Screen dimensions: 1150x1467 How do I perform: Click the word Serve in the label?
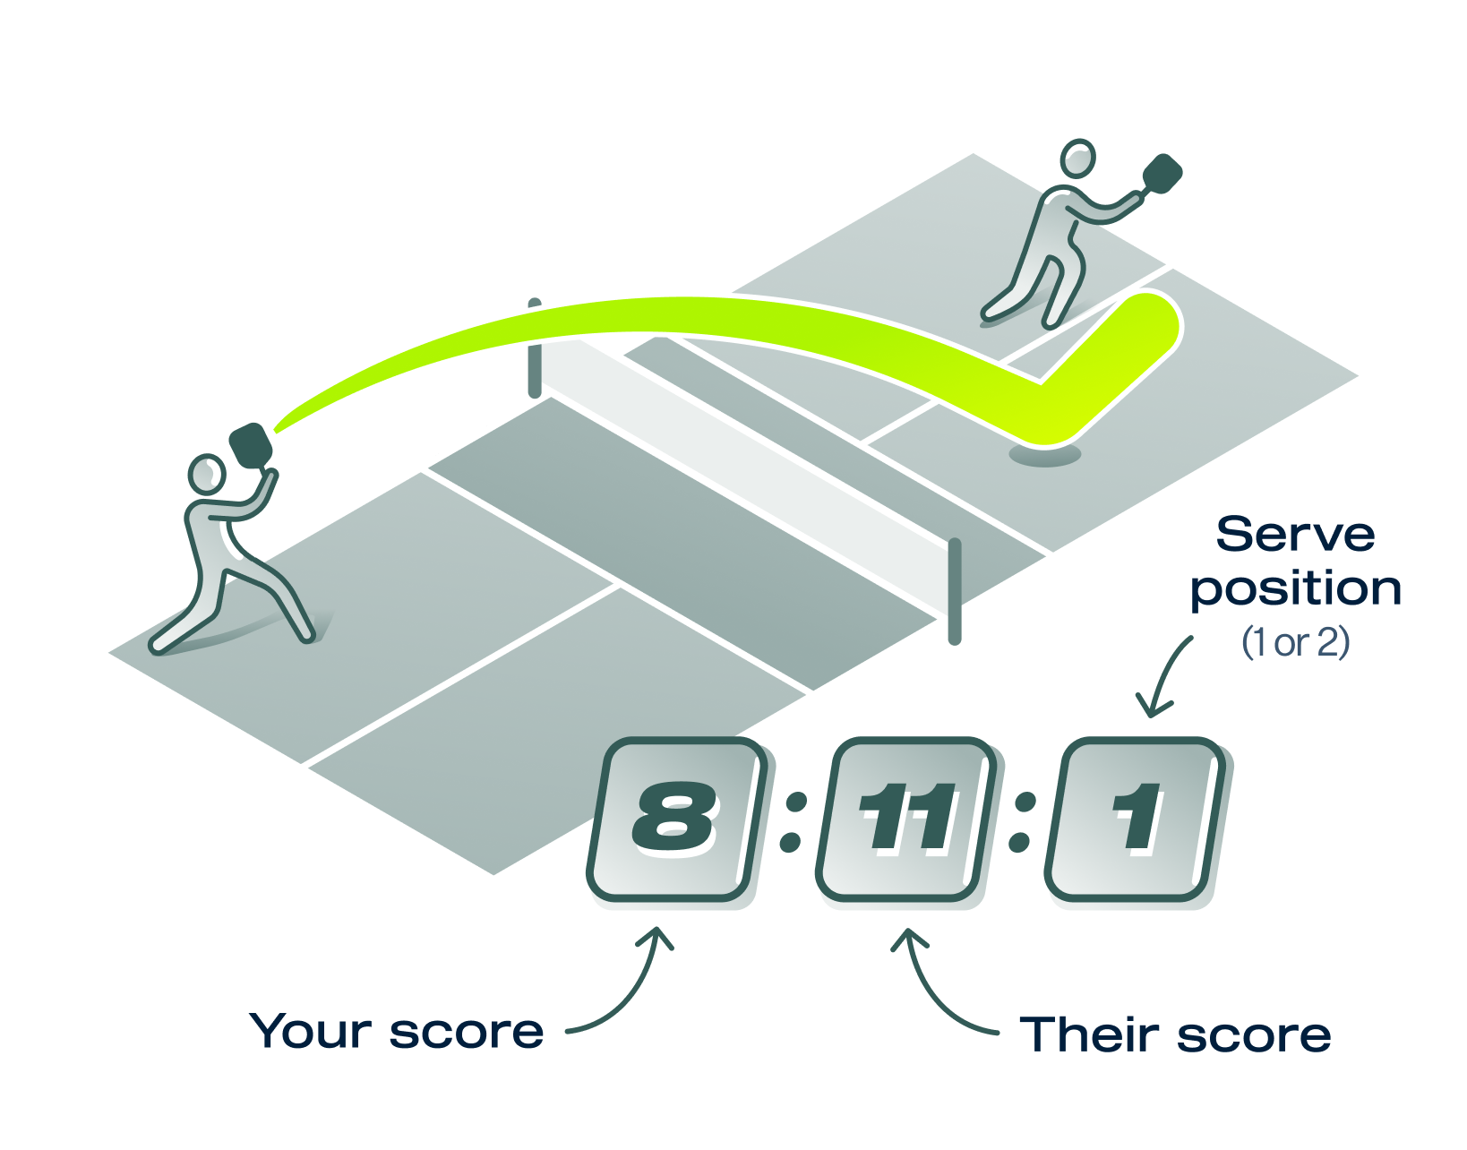click(1295, 535)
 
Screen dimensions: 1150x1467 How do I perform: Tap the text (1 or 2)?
click(1295, 642)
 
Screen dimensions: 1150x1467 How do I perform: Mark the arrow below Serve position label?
click(1164, 676)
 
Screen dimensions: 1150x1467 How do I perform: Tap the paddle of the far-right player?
click(1162, 174)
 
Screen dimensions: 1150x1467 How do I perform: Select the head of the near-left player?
click(207, 474)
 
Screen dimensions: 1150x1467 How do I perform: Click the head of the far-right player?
click(1077, 159)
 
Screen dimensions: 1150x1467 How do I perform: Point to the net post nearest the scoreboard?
click(955, 591)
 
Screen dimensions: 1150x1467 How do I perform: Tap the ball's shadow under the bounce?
click(1044, 456)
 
